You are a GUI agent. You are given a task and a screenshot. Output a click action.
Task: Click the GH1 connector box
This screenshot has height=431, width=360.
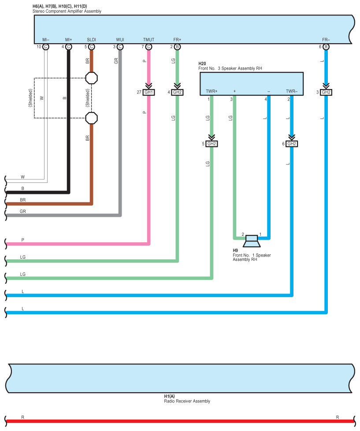149,92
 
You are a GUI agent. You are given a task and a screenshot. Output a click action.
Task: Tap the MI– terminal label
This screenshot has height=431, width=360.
46,40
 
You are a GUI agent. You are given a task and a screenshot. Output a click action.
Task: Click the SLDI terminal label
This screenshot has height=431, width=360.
91,40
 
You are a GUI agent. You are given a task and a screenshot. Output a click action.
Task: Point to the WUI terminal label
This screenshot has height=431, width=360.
120,40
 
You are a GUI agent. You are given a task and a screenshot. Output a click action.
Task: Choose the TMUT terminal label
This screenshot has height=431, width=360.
148,40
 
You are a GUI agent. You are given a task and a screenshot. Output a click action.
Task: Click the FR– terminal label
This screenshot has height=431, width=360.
326,40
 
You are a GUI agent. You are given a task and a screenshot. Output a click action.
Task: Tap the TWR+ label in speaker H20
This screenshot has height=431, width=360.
212,91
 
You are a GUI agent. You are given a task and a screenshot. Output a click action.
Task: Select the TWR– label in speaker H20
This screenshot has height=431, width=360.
291,91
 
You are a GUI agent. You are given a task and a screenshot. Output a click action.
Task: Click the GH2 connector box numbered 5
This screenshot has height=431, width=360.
212,144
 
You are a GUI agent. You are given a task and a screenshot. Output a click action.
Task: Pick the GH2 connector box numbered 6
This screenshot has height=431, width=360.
291,144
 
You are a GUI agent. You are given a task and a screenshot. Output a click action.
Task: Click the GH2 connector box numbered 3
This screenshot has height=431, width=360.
326,92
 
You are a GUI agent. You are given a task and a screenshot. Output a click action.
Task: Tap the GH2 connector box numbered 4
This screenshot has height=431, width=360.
177,92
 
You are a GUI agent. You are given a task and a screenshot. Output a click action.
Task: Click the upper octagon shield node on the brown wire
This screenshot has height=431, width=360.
91,78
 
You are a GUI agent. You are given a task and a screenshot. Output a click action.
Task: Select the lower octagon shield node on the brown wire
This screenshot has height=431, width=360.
91,118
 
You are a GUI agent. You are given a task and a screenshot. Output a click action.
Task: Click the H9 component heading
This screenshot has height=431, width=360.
235,250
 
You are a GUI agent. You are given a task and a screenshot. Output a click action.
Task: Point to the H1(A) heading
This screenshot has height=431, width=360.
169,397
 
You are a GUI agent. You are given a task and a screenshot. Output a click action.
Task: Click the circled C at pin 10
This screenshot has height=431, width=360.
46,47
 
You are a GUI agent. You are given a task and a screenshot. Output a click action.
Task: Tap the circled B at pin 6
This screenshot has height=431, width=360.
326,47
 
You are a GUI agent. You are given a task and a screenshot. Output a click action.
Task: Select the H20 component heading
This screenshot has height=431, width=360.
203,64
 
